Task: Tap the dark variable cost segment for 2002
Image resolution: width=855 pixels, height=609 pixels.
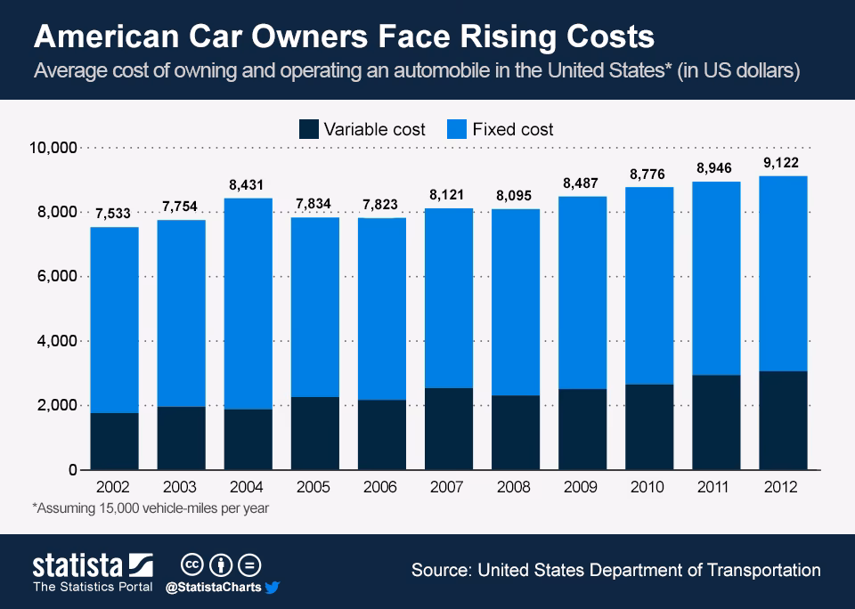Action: pyautogui.click(x=115, y=441)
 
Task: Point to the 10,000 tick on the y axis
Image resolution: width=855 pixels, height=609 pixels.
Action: pyautogui.click(x=54, y=147)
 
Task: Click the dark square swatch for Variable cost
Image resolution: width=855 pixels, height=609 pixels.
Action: pyautogui.click(x=309, y=129)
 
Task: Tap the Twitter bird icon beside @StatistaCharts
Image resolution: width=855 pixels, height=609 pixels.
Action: pyautogui.click(x=273, y=588)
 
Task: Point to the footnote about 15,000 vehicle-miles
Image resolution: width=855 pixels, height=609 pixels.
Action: pyautogui.click(x=151, y=508)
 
